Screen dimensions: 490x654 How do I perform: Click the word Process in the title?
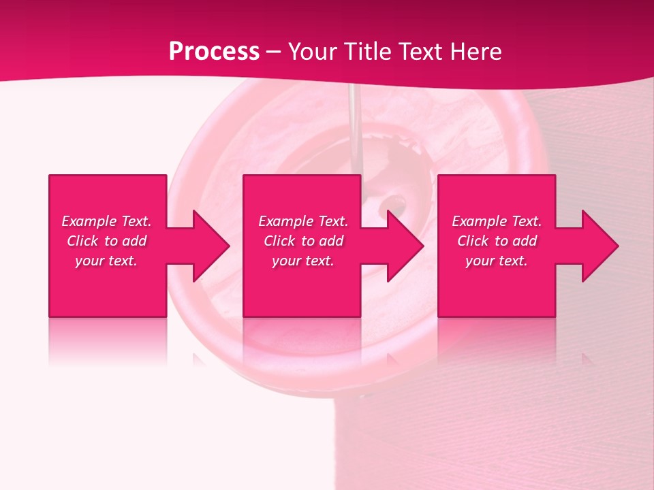[214, 52]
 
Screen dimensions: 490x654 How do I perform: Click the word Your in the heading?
[313, 52]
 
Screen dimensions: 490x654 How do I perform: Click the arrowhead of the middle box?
[416, 246]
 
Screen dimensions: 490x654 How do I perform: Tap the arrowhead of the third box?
[610, 246]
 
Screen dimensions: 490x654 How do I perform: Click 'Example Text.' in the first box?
[106, 221]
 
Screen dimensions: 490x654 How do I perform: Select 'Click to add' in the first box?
[106, 241]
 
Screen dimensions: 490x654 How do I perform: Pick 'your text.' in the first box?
[106, 261]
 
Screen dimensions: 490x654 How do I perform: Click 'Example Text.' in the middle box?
[303, 221]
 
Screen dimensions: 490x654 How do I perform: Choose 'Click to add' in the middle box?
[303, 241]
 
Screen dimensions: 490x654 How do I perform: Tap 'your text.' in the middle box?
[303, 261]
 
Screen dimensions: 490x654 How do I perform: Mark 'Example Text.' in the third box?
[497, 221]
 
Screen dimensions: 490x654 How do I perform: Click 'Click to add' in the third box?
[497, 241]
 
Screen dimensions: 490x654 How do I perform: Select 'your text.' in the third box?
[497, 261]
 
